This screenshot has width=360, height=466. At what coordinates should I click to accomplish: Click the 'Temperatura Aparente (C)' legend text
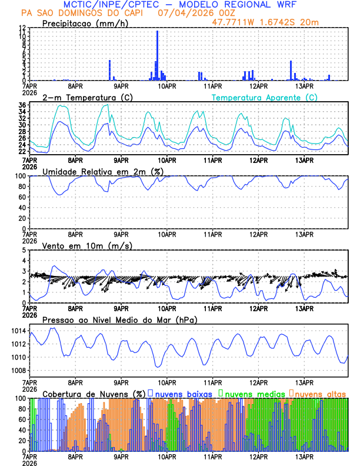264,97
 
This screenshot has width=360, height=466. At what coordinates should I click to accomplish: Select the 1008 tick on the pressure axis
17,370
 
